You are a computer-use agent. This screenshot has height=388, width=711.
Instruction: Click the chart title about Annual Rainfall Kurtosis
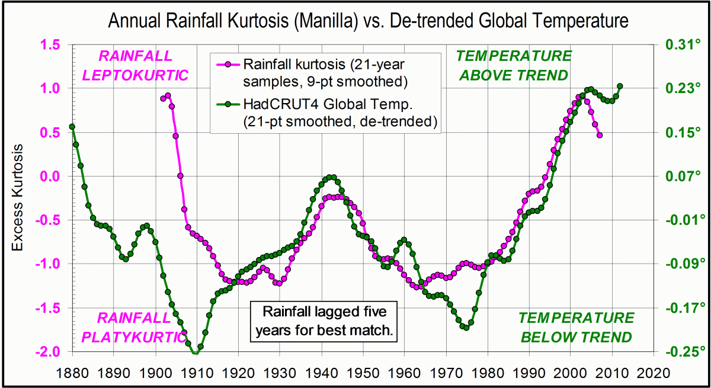pyautogui.click(x=367, y=22)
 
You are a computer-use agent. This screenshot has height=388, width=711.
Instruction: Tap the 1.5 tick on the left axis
pyautogui.click(x=51, y=45)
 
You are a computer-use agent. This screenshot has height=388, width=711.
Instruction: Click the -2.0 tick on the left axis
pyautogui.click(x=49, y=351)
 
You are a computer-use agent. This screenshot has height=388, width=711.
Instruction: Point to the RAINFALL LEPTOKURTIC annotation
pyautogui.click(x=136, y=66)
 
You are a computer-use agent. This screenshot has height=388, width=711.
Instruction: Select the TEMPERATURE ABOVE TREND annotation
pyautogui.click(x=514, y=66)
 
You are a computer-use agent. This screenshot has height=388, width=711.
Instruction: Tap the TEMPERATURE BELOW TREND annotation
pyautogui.click(x=576, y=328)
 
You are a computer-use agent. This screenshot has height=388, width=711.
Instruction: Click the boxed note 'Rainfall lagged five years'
pyautogui.click(x=322, y=321)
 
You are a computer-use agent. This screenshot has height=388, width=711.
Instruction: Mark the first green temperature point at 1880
pyautogui.click(x=72, y=126)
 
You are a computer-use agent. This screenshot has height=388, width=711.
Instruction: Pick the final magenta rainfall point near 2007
pyautogui.click(x=600, y=135)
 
